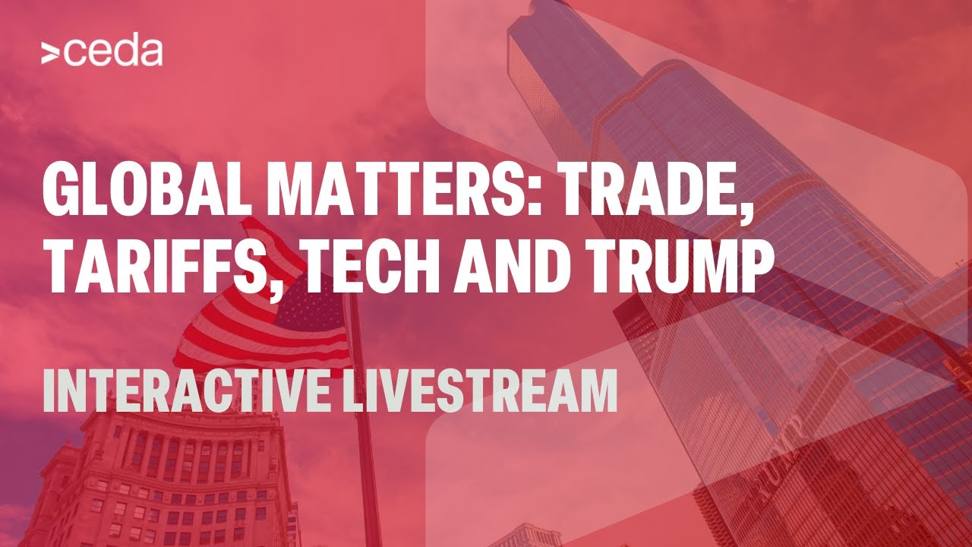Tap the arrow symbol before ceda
(x=50, y=54)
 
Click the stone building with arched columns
(x=160, y=478)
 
